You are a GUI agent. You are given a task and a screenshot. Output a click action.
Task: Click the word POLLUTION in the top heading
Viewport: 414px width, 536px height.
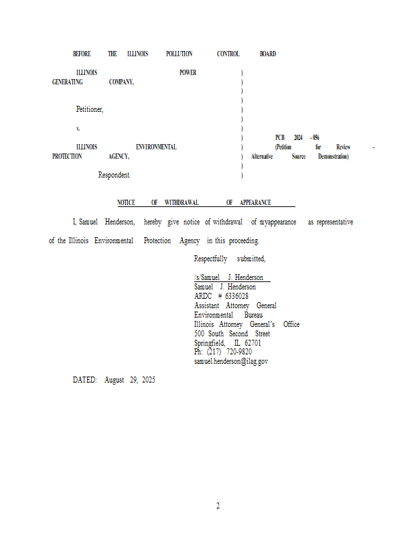click(179, 54)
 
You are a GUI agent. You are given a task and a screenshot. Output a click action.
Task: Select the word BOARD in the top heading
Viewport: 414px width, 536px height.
click(268, 54)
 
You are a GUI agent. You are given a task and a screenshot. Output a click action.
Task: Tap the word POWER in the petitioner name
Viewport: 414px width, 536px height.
click(188, 72)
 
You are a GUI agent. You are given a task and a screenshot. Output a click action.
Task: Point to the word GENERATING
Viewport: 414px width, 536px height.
click(68, 82)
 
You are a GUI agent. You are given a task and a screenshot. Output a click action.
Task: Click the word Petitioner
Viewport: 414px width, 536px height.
click(89, 109)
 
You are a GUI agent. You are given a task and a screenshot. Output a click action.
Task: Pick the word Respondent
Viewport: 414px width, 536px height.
click(115, 175)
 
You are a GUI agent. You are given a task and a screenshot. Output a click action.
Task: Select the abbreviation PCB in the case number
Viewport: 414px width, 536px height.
click(279, 137)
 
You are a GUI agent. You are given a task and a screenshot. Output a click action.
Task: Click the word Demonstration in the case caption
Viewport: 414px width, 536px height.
click(333, 156)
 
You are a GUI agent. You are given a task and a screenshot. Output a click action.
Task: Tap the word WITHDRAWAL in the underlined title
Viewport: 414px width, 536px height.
click(182, 202)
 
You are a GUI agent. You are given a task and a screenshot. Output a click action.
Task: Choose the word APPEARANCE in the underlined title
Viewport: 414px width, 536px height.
click(255, 202)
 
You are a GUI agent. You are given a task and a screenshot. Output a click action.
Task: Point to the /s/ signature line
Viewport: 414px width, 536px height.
click(228, 277)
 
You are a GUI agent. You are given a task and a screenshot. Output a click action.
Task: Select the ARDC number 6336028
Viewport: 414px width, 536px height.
click(237, 296)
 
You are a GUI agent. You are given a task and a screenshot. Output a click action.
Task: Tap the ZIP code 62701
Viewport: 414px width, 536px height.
click(253, 343)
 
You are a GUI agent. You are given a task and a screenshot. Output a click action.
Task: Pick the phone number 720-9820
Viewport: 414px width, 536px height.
click(239, 352)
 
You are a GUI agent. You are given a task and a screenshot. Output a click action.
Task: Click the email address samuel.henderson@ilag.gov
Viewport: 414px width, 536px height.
click(231, 361)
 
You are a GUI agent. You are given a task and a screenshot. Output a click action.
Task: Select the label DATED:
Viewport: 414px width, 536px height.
click(85, 380)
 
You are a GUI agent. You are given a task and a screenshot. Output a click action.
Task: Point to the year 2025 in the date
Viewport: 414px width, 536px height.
click(148, 380)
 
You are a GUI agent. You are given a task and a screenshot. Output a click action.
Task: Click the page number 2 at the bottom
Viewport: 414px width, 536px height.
click(218, 506)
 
